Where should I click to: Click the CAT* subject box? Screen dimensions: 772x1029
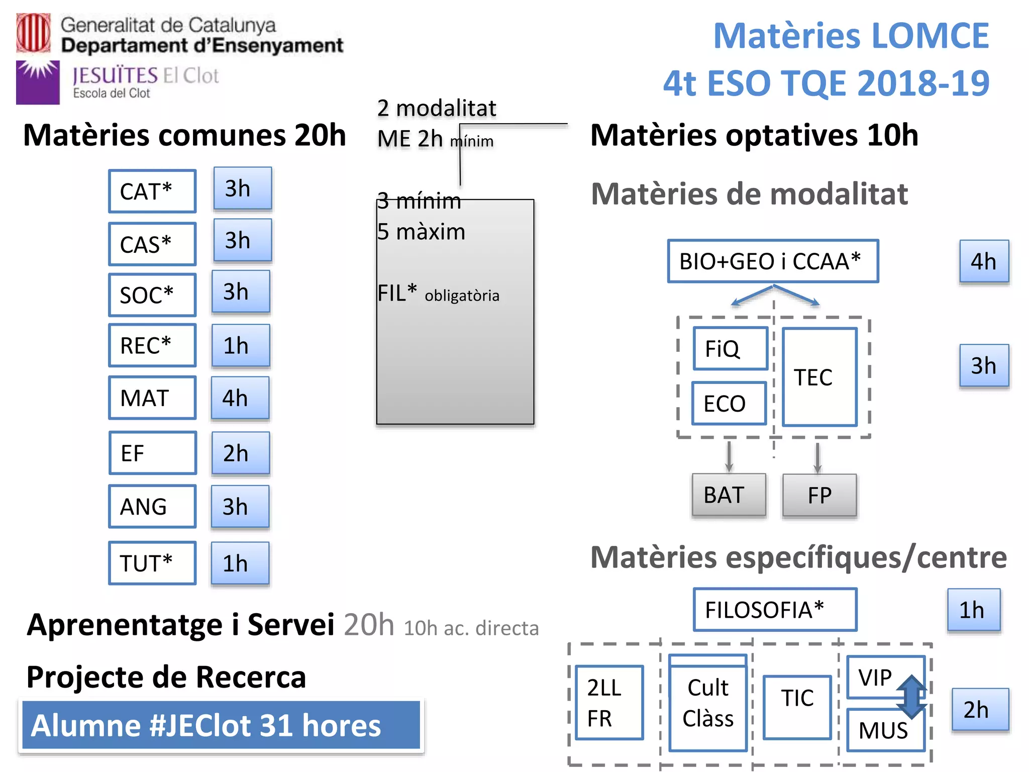(x=152, y=191)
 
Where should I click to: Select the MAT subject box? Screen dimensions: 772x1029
(x=152, y=398)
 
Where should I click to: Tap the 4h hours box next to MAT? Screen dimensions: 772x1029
(x=240, y=398)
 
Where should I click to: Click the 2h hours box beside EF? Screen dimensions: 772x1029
(x=241, y=453)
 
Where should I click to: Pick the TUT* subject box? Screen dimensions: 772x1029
(x=152, y=563)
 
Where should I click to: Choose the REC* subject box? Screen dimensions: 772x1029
(x=152, y=346)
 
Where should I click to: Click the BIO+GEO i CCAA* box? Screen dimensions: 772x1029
(x=773, y=261)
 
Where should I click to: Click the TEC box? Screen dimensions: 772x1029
(x=819, y=377)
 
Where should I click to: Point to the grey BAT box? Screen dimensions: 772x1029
(x=729, y=495)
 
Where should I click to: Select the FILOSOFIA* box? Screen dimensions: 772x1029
(x=775, y=610)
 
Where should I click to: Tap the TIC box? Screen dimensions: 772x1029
(x=797, y=707)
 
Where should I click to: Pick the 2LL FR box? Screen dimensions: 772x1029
(x=609, y=703)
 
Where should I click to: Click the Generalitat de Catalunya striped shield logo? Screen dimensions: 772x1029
(x=33, y=33)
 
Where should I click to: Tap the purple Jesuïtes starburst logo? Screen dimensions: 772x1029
(x=38, y=82)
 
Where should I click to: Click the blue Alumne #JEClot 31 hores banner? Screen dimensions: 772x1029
(x=221, y=725)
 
